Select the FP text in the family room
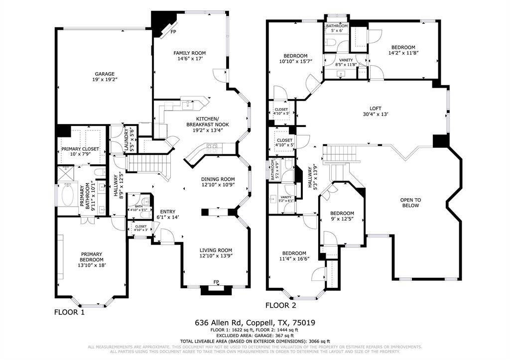pyautogui.click(x=173, y=32)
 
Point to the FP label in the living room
pyautogui.click(x=216, y=282)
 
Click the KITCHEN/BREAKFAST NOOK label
pyautogui.click(x=208, y=121)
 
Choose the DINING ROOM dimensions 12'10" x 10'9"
pyautogui.click(x=218, y=185)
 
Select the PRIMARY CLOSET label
pyautogui.click(x=80, y=149)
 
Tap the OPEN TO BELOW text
pyautogui.click(x=410, y=203)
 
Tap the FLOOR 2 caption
pyautogui.click(x=280, y=306)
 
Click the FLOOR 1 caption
pyautogui.click(x=69, y=313)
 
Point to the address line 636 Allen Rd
pyautogui.click(x=255, y=323)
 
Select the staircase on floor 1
pyautogui.click(x=144, y=163)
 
